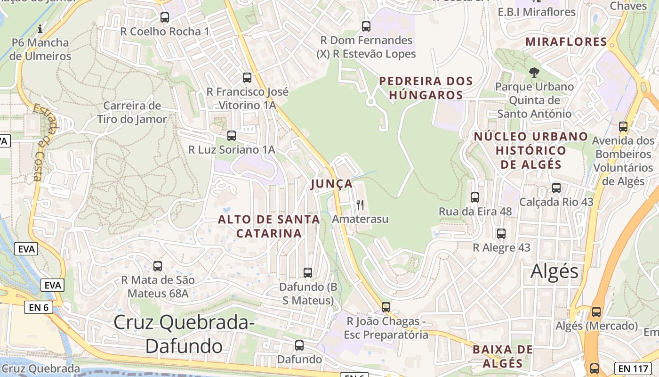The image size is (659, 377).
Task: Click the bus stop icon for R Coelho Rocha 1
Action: tap(164, 17)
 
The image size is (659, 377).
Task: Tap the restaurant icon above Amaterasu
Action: tap(360, 205)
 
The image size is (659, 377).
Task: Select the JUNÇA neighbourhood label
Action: tap(331, 184)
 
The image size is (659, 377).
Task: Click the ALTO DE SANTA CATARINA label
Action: tap(269, 226)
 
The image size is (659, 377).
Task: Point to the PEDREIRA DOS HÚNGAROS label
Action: tap(426, 88)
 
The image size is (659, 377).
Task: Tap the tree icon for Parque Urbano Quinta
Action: tap(534, 73)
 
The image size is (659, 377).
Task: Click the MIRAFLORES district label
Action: tap(566, 41)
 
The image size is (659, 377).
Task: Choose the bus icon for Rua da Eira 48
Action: tap(475, 197)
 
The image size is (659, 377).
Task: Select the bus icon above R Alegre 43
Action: tap(501, 234)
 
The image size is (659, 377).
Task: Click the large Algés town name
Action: tap(555, 271)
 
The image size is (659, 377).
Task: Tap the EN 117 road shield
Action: tap(633, 368)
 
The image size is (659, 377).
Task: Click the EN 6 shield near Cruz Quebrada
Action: tap(39, 308)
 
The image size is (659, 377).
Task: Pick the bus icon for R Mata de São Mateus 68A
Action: tap(158, 266)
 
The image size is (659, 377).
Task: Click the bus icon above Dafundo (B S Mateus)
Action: tap(308, 273)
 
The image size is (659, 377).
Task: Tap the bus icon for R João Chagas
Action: tap(386, 307)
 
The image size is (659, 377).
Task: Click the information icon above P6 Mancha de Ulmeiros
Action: tap(40, 29)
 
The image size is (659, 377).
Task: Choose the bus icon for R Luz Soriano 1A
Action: tap(231, 136)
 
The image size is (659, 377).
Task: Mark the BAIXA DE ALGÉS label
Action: tap(503, 356)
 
